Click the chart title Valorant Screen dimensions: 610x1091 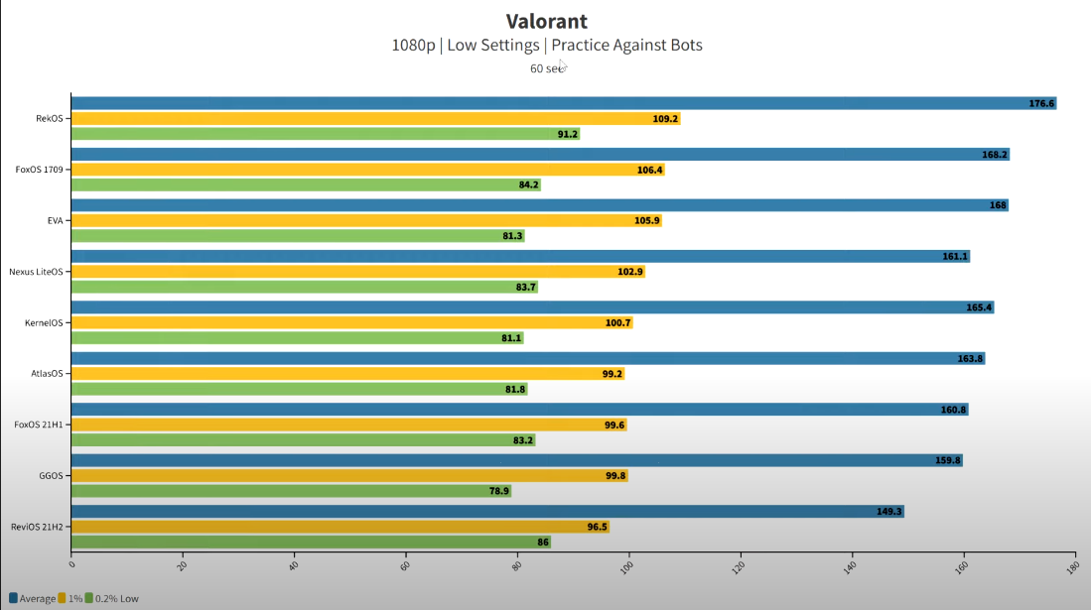tap(546, 21)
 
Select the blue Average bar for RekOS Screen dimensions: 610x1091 tap(556, 103)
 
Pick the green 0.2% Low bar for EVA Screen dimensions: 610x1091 tap(288, 236)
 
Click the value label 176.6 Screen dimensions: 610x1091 tap(1041, 103)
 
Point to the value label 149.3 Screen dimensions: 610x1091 tap(888, 512)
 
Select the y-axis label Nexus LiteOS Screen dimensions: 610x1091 tap(37, 271)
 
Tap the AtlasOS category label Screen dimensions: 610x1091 tap(48, 373)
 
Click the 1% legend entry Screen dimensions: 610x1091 tap(70, 598)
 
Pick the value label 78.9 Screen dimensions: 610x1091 tap(499, 491)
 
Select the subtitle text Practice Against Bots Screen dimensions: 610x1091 tap(626, 45)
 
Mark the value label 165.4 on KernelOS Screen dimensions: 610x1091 tap(979, 307)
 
